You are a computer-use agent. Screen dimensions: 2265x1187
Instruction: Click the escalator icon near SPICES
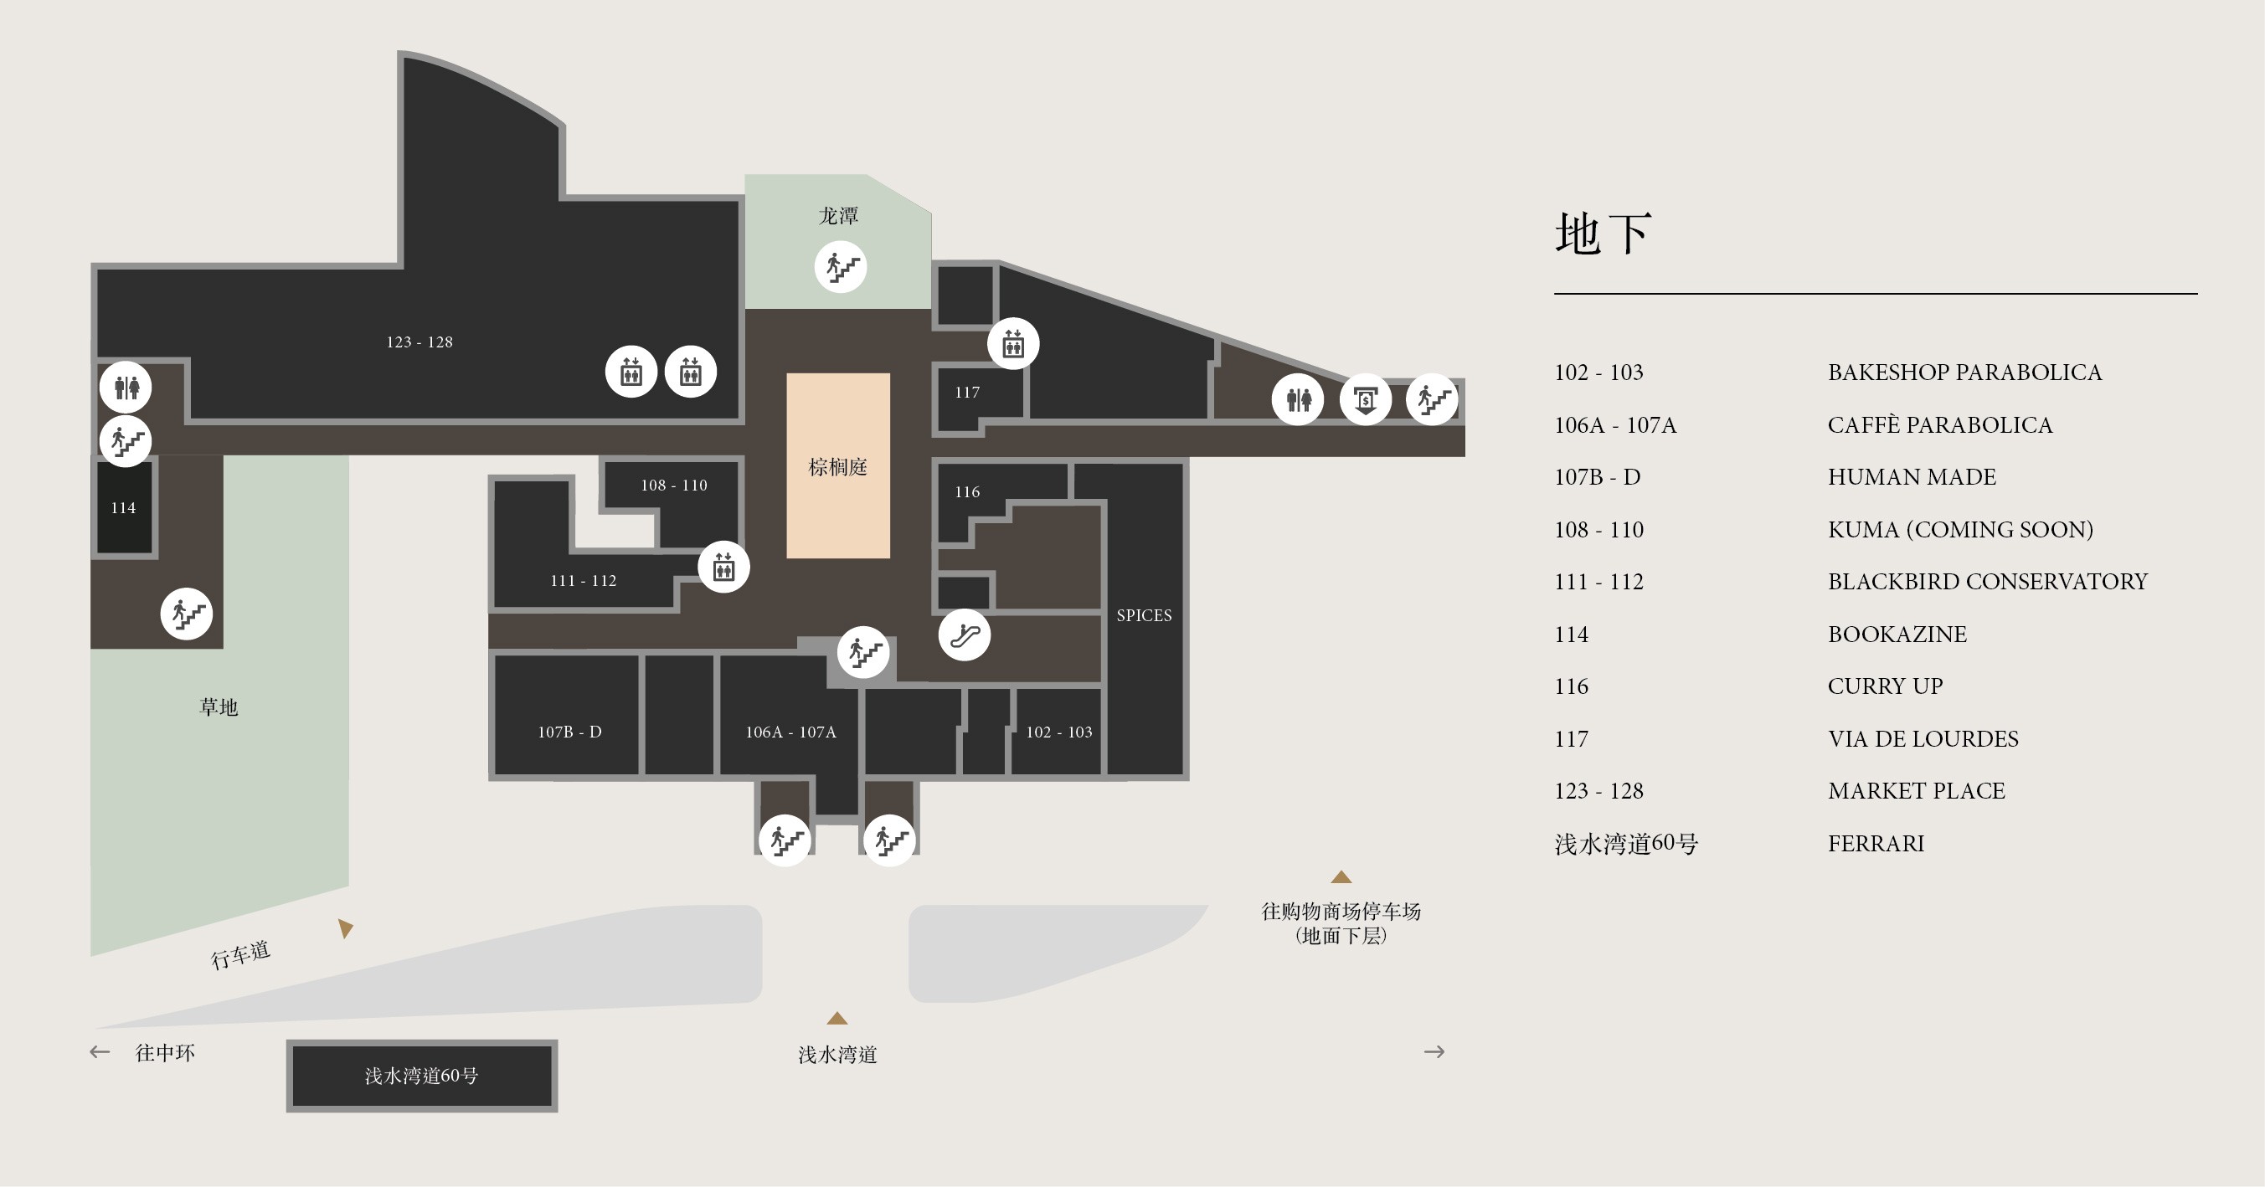click(x=965, y=635)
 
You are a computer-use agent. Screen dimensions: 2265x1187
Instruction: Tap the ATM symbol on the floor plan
click(x=1366, y=400)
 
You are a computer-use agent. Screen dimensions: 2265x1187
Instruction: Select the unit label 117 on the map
click(x=967, y=392)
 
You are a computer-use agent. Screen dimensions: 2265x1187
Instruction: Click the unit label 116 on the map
click(x=967, y=491)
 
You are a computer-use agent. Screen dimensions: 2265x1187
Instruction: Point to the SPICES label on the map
click(x=1144, y=615)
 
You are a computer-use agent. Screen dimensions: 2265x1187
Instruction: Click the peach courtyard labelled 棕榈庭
click(x=838, y=466)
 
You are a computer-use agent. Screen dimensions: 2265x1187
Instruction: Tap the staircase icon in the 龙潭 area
click(x=841, y=266)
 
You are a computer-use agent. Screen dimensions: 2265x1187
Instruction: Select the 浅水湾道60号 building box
click(x=422, y=1076)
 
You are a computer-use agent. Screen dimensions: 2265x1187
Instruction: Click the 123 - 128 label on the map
click(x=420, y=342)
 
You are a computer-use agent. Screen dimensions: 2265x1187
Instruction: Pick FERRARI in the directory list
click(x=1876, y=843)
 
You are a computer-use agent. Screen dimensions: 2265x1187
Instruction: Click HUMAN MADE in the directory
click(x=1912, y=476)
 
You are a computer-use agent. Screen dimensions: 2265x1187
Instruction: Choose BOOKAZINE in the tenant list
click(x=1897, y=634)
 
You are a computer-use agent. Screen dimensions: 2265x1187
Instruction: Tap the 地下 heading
click(x=1603, y=234)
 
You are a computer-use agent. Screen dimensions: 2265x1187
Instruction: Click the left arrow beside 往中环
click(x=100, y=1051)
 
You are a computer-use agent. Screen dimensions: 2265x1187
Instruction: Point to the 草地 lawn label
click(x=219, y=707)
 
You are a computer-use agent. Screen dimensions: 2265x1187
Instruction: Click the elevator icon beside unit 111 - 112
click(x=723, y=567)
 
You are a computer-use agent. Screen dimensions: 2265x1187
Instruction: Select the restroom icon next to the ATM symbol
click(x=1298, y=400)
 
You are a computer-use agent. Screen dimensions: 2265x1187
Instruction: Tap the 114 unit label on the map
click(x=123, y=507)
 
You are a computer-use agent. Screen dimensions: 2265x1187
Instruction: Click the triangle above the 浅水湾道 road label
click(x=837, y=1018)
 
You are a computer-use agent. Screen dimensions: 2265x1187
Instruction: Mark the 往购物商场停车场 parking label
click(x=1341, y=912)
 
